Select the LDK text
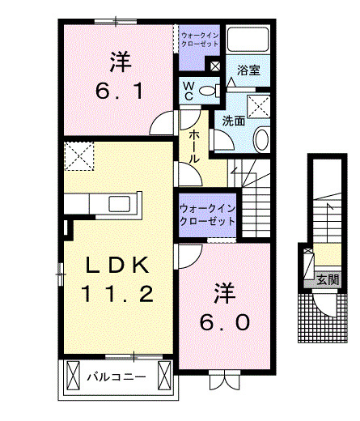(x=117, y=264)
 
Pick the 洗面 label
(x=234, y=121)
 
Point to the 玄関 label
(x=328, y=280)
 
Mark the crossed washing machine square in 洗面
(x=259, y=105)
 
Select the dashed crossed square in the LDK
(x=78, y=155)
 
